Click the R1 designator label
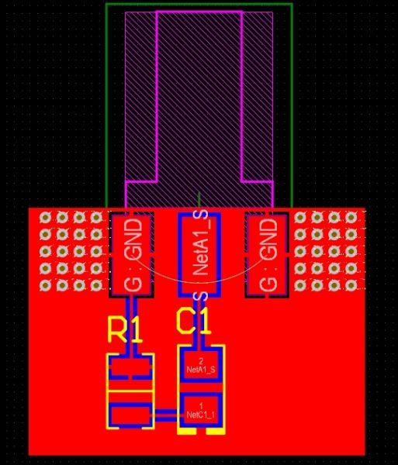point(125,330)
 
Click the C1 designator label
point(193,322)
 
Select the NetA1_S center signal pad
point(199,254)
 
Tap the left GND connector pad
point(131,254)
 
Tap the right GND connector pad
point(267,254)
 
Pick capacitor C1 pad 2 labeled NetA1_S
point(201,365)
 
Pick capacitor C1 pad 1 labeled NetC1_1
point(201,411)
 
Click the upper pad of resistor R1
point(130,367)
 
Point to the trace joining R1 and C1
point(165,415)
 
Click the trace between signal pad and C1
point(199,321)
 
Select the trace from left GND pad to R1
point(131,325)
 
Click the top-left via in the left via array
point(45,218)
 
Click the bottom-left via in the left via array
point(45,285)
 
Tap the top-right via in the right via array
point(351,218)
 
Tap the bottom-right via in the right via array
point(351,285)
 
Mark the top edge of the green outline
point(199,4)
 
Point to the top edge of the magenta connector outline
point(199,12)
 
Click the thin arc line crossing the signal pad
point(199,283)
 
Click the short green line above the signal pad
point(199,200)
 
